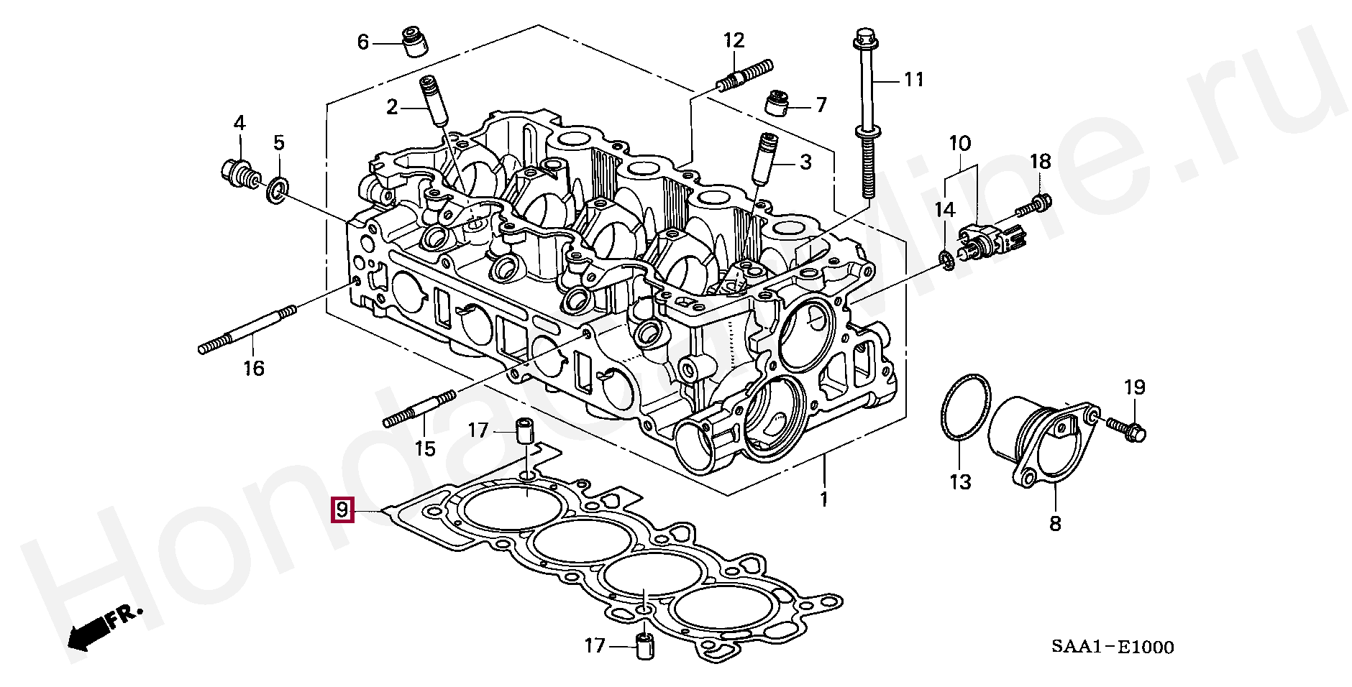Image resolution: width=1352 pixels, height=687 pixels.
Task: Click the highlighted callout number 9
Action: click(342, 510)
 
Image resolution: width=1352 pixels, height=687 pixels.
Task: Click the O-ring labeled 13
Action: click(966, 407)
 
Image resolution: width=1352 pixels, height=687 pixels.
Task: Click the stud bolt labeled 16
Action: click(247, 329)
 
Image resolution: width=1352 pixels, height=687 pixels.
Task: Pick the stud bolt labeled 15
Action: click(420, 409)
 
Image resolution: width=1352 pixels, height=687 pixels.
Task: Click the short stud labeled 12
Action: click(745, 75)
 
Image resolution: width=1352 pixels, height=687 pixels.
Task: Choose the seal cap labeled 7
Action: click(777, 102)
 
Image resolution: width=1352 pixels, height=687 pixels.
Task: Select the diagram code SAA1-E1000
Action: click(1113, 647)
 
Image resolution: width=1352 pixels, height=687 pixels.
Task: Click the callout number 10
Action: click(959, 143)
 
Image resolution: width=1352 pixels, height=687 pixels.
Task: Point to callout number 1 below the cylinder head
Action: click(824, 498)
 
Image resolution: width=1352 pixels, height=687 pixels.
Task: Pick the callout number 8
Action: click(1055, 522)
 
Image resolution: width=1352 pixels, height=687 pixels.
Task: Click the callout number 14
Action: click(944, 210)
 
